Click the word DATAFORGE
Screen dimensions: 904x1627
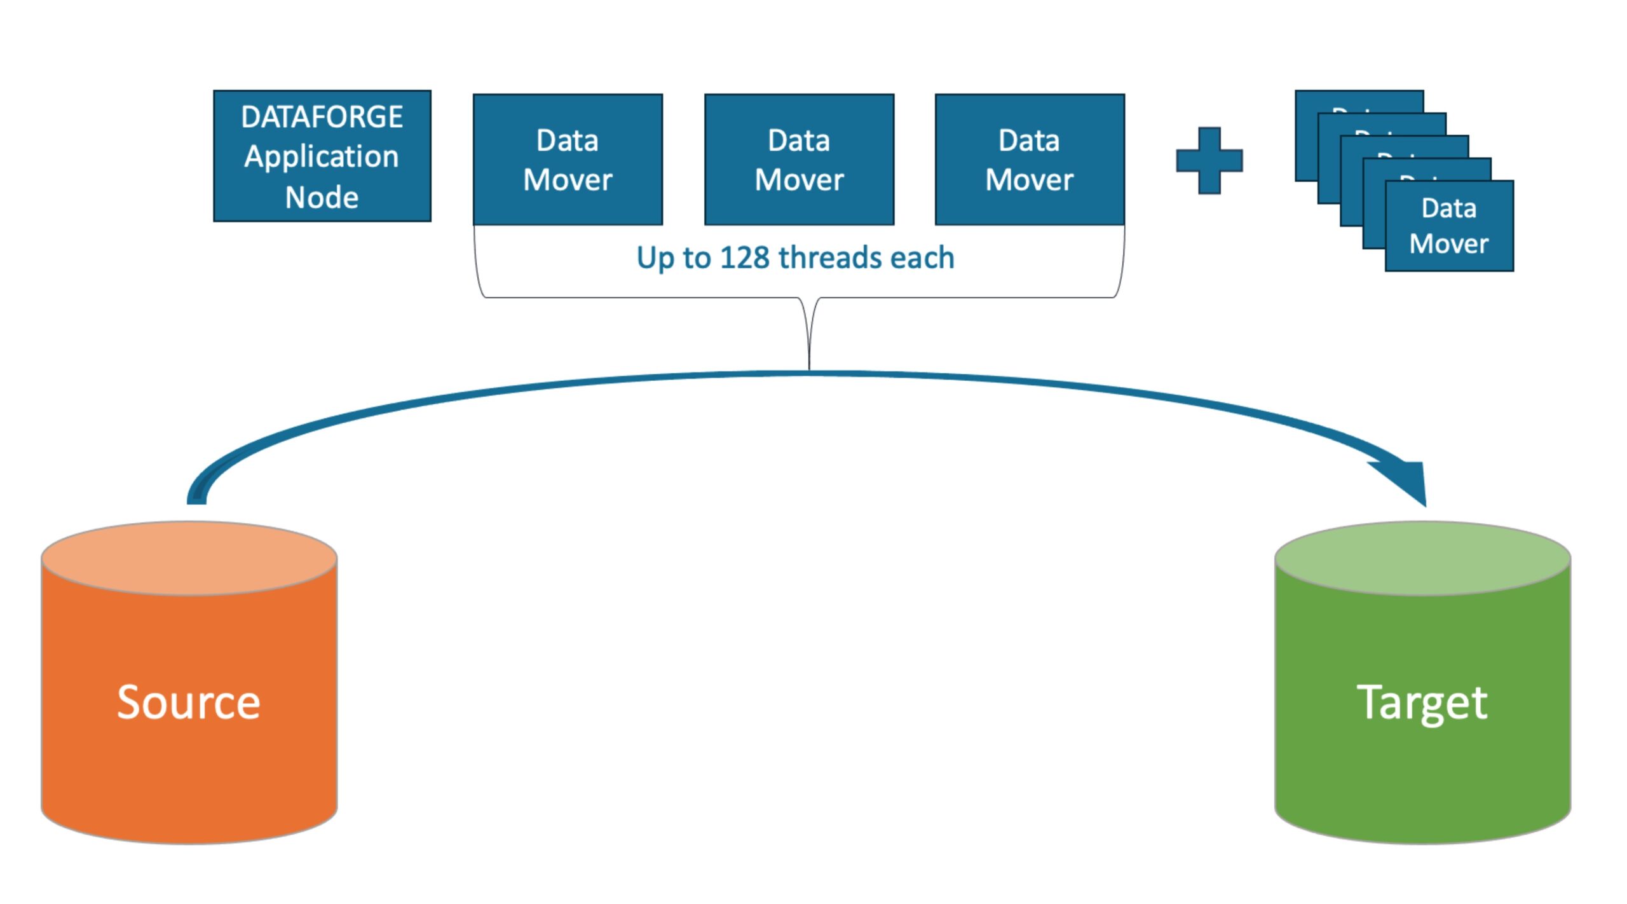322,117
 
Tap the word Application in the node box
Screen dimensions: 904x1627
322,157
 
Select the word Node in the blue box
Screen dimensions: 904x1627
322,198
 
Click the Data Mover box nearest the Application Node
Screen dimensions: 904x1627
568,160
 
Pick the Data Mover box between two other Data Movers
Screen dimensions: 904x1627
799,160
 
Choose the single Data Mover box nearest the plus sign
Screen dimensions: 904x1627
1030,160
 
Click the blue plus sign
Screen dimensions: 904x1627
1209,160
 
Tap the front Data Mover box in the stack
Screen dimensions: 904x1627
1449,226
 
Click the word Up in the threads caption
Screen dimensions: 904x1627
655,258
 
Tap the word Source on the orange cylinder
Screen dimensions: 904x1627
189,702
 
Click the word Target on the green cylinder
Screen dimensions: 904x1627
1422,702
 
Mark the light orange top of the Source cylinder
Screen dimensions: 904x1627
189,558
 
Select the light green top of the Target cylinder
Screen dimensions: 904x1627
1422,558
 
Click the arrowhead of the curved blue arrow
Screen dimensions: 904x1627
1408,483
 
